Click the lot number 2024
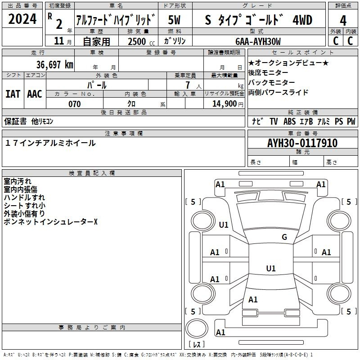pos(23,20)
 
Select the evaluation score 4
pos(343,20)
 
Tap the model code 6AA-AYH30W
pos(258,41)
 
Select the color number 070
pos(74,104)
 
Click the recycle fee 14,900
pos(224,104)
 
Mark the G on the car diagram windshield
pos(284,237)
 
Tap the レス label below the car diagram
pos(196,344)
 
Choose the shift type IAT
pos(13,94)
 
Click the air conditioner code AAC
pos(35,94)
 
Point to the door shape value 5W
pos(175,20)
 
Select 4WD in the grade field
pos(302,20)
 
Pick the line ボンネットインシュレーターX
pos(50,222)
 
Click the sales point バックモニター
pos(272,82)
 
